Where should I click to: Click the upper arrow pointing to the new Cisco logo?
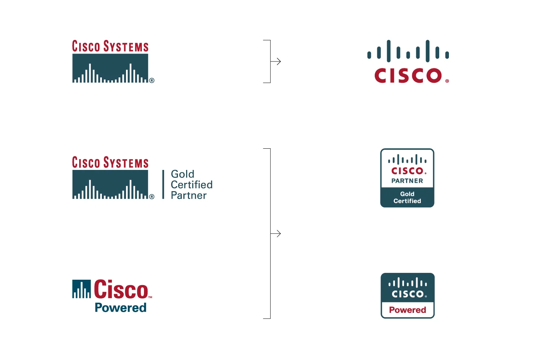pyautogui.click(x=276, y=62)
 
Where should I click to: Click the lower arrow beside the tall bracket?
pyautogui.click(x=276, y=234)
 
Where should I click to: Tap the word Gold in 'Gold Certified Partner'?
pyautogui.click(x=183, y=174)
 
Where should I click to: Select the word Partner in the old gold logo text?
pyautogui.click(x=189, y=195)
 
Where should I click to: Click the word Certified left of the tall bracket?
pyautogui.click(x=192, y=185)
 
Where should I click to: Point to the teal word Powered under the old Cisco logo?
pyautogui.click(x=121, y=308)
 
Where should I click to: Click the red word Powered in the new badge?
pyautogui.click(x=408, y=310)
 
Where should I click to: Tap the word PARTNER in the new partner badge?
pyautogui.click(x=407, y=181)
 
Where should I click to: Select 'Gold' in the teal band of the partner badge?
pyautogui.click(x=407, y=194)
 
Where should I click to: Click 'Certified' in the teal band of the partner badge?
pyautogui.click(x=407, y=201)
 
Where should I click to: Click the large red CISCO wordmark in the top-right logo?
pyautogui.click(x=408, y=76)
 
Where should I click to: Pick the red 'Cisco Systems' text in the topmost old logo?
pyautogui.click(x=110, y=46)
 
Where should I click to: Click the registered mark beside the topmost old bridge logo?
pyautogui.click(x=152, y=81)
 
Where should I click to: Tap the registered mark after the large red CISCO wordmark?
pyautogui.click(x=447, y=81)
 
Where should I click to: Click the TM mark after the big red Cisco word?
pyautogui.click(x=150, y=297)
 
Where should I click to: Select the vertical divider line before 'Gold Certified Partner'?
pyautogui.click(x=163, y=184)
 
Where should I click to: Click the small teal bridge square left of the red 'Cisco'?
pyautogui.click(x=81, y=289)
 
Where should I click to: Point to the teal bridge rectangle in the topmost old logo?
pyautogui.click(x=110, y=68)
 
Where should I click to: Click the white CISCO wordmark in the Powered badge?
pyautogui.click(x=408, y=294)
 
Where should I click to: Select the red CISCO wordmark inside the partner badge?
pyautogui.click(x=407, y=171)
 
